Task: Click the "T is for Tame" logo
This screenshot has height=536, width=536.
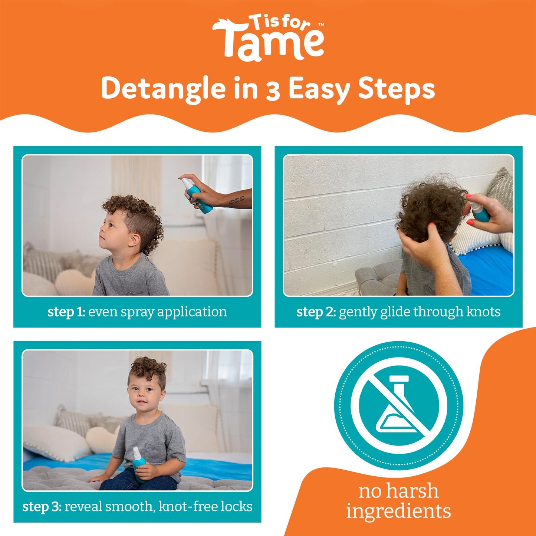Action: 268,38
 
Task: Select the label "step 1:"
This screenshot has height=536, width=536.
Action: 66,312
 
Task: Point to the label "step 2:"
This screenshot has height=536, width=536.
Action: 316,312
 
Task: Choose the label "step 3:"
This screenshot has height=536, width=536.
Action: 42,507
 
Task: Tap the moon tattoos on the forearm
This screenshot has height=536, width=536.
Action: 236,201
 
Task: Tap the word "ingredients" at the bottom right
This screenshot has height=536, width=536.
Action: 398,511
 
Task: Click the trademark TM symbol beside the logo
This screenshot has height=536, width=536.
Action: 321,25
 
